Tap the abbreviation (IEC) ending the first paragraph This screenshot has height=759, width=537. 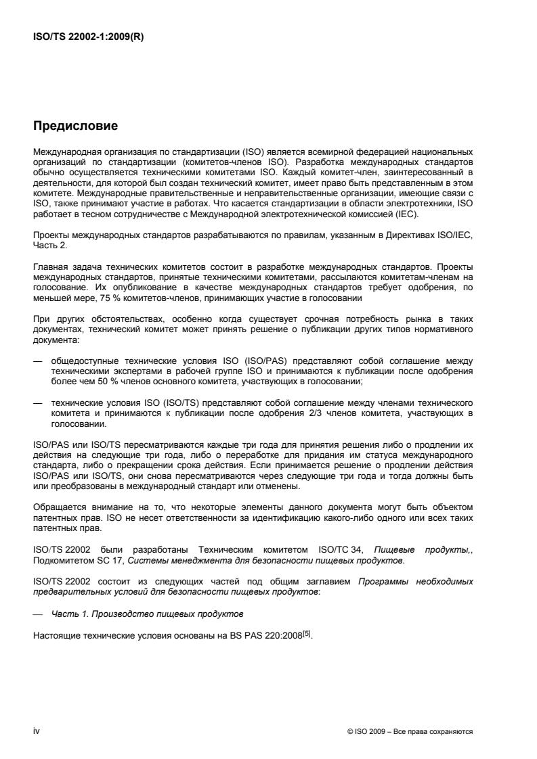click(x=408, y=214)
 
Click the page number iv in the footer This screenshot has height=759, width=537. click(x=36, y=731)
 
